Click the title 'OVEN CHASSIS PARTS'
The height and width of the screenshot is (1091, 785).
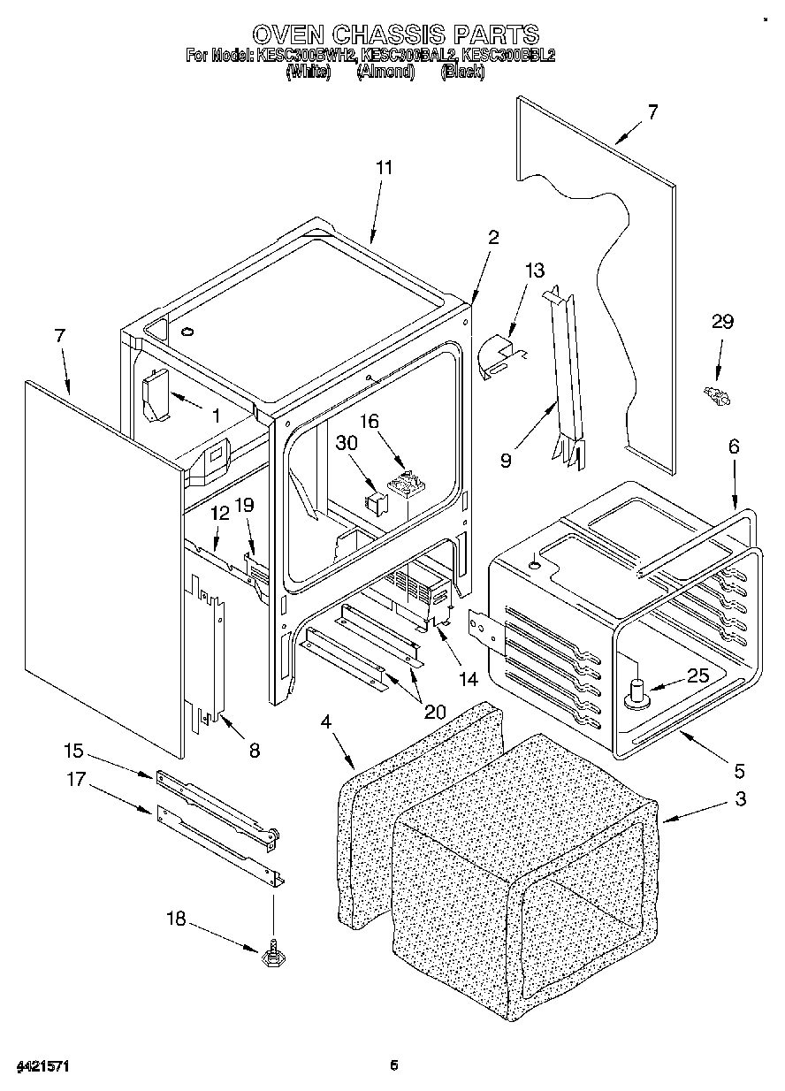tap(394, 34)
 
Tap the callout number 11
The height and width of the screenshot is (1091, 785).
tap(384, 167)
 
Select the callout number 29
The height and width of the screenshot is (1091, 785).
tap(722, 322)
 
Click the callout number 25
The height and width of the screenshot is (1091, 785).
tap(697, 676)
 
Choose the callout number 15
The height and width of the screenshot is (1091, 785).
tap(73, 751)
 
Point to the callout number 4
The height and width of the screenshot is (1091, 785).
tap(326, 721)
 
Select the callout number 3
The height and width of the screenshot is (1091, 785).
tap(740, 800)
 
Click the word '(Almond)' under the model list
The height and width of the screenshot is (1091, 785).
tap(385, 72)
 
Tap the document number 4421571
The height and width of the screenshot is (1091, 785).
tap(42, 1066)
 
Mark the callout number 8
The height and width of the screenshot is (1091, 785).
tap(254, 751)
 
